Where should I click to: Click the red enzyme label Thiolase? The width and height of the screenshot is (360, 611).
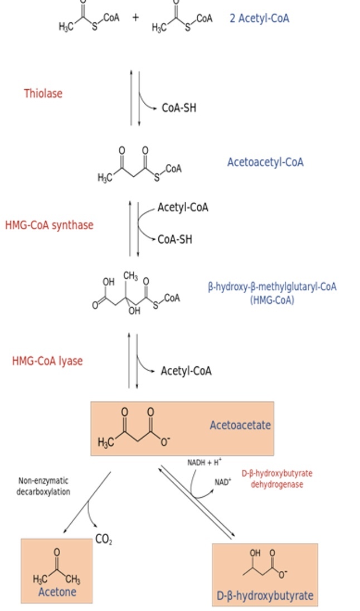coord(43,94)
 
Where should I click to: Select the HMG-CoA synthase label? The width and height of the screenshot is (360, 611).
coord(49,225)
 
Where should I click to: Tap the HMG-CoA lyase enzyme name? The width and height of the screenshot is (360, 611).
coord(47,361)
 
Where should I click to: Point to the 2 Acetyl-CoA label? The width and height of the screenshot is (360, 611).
coord(259,18)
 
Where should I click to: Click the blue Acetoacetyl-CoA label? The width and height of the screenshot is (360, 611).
coord(265,162)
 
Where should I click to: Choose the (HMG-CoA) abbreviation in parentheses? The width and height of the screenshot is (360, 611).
coord(272,300)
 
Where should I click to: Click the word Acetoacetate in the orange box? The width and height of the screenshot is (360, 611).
coord(240,425)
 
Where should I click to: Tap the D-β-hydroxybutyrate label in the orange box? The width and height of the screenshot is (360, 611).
coord(265,596)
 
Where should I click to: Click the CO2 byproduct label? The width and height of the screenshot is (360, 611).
coord(104,540)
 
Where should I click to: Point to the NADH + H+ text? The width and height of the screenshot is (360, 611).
coord(205,462)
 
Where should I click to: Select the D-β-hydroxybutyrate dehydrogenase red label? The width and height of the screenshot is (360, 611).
coord(277,479)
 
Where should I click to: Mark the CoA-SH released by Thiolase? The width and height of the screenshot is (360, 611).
coord(179,108)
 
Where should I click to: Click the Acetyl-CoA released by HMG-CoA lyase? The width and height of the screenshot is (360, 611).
coord(186,371)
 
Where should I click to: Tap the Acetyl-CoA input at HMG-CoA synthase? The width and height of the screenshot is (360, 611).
coord(183,207)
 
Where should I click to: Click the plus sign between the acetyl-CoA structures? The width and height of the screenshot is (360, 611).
coord(135,17)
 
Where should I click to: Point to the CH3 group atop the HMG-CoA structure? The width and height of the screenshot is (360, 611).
coord(131,275)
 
